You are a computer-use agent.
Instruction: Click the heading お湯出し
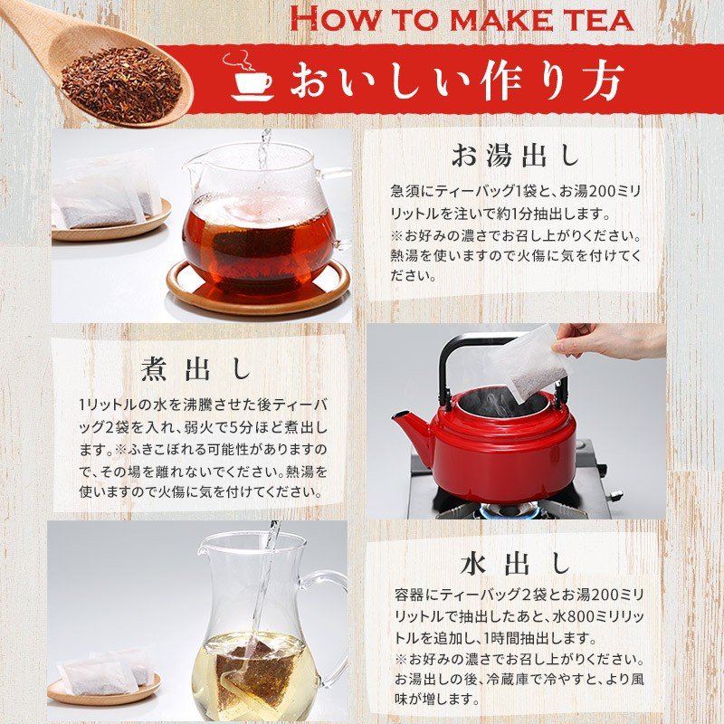(515, 156)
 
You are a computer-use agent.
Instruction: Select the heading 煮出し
(196, 368)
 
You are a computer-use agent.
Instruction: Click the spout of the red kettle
(407, 425)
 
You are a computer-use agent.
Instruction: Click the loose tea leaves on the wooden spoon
(121, 83)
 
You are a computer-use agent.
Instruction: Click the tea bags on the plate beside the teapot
(107, 195)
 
